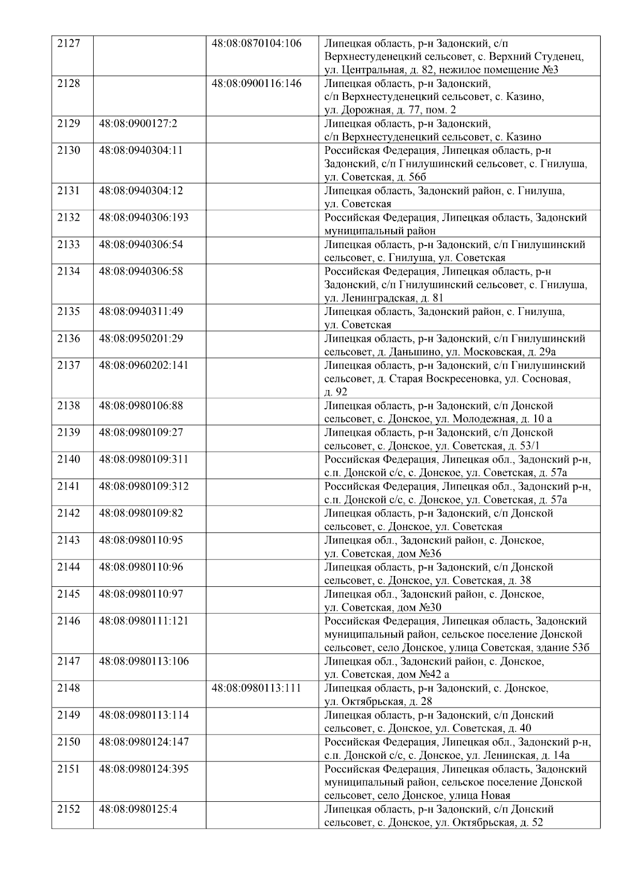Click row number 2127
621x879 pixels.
tap(68, 43)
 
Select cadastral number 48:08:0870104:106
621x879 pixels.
tap(257, 43)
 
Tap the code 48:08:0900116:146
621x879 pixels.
tap(257, 83)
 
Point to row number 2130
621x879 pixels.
tap(68, 150)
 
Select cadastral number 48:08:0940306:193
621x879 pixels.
tap(143, 218)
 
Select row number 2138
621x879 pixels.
tap(68, 406)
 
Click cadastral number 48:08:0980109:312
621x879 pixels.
tap(143, 486)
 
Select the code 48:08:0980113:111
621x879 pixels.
tap(257, 688)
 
